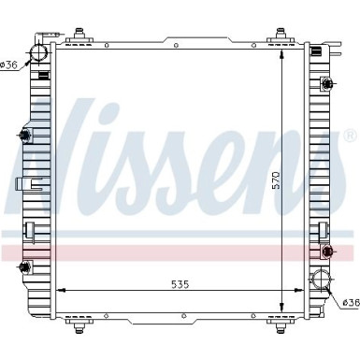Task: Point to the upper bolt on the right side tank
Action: [326, 87]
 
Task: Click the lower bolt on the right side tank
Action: [326, 252]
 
